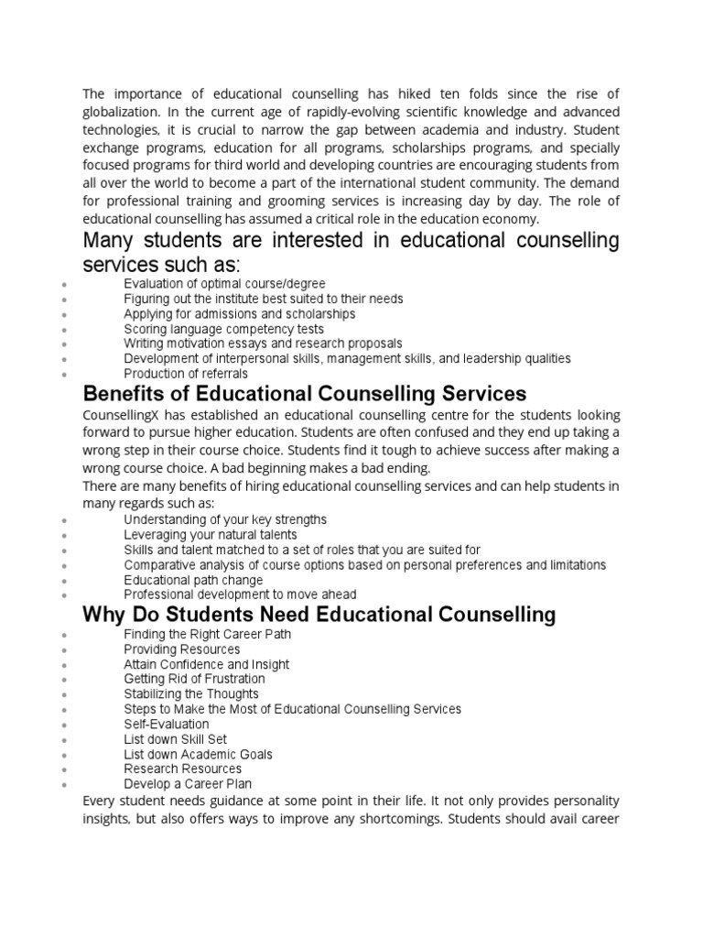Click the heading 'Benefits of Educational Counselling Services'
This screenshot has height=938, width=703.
click(x=304, y=394)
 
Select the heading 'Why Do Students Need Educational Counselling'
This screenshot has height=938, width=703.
click(x=319, y=614)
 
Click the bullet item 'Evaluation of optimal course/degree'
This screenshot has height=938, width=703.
click(x=224, y=284)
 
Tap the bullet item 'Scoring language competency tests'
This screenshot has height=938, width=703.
click(x=223, y=329)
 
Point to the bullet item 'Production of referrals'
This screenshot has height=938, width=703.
click(x=186, y=374)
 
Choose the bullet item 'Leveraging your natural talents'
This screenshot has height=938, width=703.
click(x=211, y=534)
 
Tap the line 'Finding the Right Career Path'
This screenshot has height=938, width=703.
click(x=208, y=634)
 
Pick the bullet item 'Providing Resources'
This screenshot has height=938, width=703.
click(x=182, y=649)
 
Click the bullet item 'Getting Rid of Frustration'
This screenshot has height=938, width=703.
click(x=195, y=679)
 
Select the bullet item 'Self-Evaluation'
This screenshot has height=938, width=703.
click(x=167, y=724)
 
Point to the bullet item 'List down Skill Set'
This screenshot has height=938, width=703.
click(x=176, y=739)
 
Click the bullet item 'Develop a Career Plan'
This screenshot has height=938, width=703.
click(x=188, y=784)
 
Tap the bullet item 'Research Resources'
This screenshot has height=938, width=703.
click(x=183, y=769)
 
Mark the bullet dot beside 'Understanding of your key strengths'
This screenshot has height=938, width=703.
click(x=62, y=521)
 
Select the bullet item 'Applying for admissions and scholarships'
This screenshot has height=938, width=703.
click(x=240, y=313)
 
